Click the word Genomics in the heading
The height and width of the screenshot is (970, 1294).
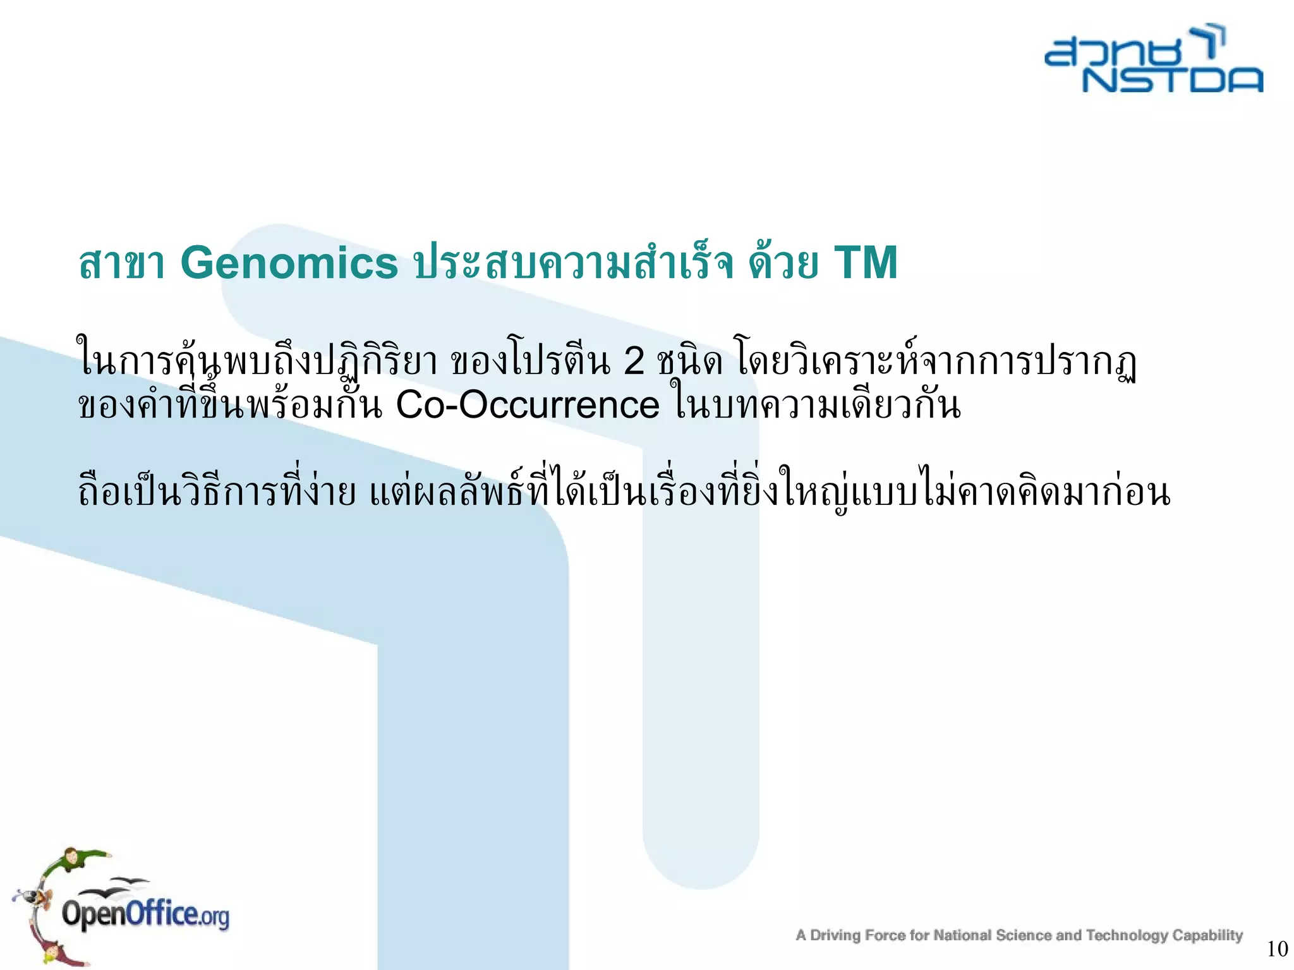(289, 263)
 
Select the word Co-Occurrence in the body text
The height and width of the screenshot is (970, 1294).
(527, 405)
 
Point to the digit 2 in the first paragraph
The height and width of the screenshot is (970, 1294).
(633, 362)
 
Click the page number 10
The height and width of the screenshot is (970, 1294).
(1277, 949)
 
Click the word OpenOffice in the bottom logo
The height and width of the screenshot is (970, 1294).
(130, 914)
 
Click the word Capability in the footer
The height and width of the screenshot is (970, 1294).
(1207, 935)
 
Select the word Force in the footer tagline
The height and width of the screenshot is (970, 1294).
(888, 935)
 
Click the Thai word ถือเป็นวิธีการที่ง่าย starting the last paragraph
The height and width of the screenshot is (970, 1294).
(217, 494)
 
